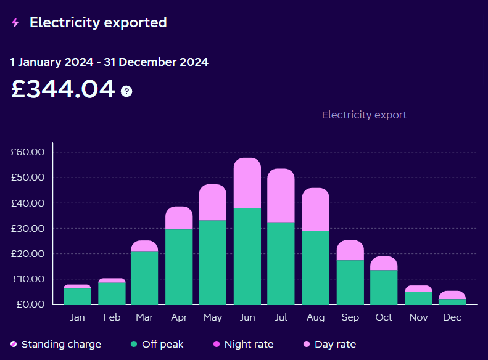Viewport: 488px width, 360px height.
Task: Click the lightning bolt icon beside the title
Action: [15, 23]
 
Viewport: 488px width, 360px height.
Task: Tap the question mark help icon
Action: [126, 91]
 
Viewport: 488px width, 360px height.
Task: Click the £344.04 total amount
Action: [63, 89]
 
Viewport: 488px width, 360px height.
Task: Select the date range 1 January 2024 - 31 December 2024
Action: [109, 62]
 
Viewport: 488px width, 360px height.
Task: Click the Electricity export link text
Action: [364, 115]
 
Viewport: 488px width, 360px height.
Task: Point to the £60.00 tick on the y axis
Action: [27, 152]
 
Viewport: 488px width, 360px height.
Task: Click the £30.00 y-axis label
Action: [27, 228]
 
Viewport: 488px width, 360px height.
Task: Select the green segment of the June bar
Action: [247, 256]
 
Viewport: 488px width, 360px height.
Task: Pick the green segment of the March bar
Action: [144, 277]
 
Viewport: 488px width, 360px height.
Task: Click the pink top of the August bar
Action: [315, 210]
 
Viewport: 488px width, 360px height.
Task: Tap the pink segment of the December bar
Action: [452, 295]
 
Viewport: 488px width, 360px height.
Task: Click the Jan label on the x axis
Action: [77, 317]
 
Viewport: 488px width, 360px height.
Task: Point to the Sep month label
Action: [350, 317]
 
